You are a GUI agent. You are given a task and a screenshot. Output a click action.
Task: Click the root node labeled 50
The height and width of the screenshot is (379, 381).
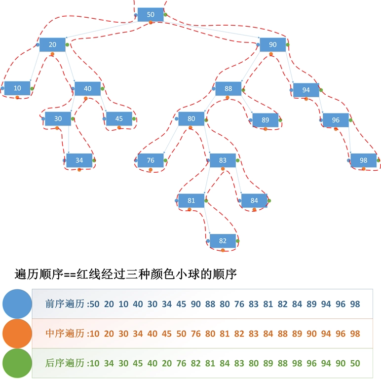tap(151, 15)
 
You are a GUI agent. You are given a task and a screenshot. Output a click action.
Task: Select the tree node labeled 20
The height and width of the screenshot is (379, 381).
tap(52, 44)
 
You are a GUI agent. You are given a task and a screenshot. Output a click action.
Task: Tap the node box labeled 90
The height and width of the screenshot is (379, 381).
tap(273, 44)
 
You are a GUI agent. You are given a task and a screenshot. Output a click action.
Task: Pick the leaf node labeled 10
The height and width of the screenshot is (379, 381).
tap(17, 88)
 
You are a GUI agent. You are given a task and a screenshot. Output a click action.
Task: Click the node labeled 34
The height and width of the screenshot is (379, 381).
tap(79, 160)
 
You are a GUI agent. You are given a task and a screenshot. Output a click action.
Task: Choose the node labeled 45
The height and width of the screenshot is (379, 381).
tap(119, 118)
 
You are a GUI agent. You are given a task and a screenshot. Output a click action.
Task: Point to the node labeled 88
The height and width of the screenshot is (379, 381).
tap(228, 89)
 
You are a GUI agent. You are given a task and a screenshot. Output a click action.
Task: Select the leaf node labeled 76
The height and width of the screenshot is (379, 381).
tap(151, 160)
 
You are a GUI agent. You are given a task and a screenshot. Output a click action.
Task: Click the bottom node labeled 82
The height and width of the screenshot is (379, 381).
tap(223, 241)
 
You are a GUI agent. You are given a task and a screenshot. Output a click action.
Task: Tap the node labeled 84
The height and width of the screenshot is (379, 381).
tap(254, 200)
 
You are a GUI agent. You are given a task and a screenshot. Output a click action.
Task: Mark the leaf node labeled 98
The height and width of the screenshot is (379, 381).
tap(364, 160)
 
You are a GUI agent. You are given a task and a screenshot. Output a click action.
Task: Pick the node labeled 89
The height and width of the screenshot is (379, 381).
tap(266, 119)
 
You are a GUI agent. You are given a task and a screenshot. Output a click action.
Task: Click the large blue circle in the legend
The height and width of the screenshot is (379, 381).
tap(17, 304)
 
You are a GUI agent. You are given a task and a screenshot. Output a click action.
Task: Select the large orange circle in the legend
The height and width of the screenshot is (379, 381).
tap(17, 333)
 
